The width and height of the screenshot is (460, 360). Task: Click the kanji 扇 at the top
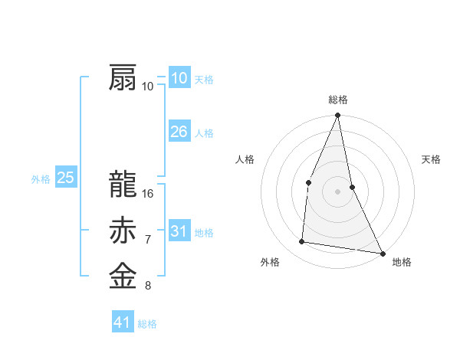(x=123, y=79)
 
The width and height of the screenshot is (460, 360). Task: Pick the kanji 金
(x=123, y=277)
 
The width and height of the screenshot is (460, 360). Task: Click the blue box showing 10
(x=179, y=78)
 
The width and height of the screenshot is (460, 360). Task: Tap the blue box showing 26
(x=179, y=132)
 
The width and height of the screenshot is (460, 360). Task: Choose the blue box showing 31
(x=179, y=231)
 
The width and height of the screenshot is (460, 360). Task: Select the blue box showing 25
(x=65, y=178)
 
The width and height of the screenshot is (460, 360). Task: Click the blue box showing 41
(x=123, y=322)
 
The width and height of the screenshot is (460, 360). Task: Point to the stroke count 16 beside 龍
(x=149, y=194)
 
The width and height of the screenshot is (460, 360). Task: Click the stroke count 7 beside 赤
(x=148, y=240)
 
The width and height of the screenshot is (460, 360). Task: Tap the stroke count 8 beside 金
(x=148, y=286)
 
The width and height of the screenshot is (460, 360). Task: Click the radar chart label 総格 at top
(x=338, y=100)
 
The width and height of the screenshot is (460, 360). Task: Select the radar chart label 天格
(x=432, y=159)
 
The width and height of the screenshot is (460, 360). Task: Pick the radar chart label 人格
(x=245, y=159)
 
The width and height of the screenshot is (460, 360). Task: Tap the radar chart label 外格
(x=270, y=262)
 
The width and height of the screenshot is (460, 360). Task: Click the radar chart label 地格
(x=402, y=262)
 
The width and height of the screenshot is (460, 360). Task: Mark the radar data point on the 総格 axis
(x=338, y=116)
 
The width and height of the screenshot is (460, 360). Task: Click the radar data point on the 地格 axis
(x=382, y=252)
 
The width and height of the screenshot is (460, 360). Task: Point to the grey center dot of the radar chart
(x=338, y=191)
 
